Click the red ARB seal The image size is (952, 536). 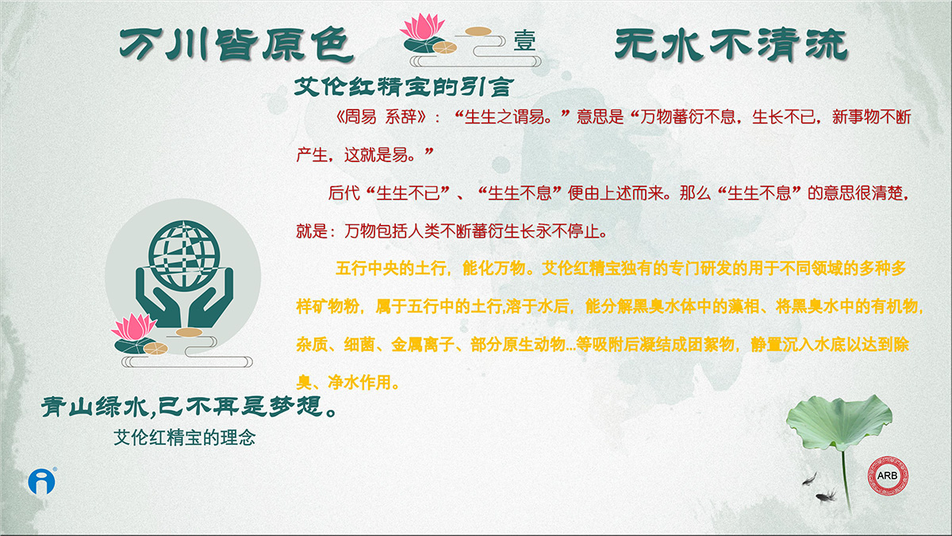888,476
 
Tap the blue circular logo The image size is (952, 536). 41,481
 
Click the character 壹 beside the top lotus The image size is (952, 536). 524,40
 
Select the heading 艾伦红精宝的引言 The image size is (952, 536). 404,87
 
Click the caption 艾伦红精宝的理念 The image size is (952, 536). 184,438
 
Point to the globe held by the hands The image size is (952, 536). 184,255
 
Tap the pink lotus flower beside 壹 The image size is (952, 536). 422,26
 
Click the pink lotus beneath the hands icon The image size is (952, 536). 133,327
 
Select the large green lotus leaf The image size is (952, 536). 839,422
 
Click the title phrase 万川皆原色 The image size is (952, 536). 236,44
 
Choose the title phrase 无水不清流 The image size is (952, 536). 731,44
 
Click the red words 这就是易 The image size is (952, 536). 376,155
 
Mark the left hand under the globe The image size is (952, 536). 158,297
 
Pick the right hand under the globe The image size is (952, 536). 210,297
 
